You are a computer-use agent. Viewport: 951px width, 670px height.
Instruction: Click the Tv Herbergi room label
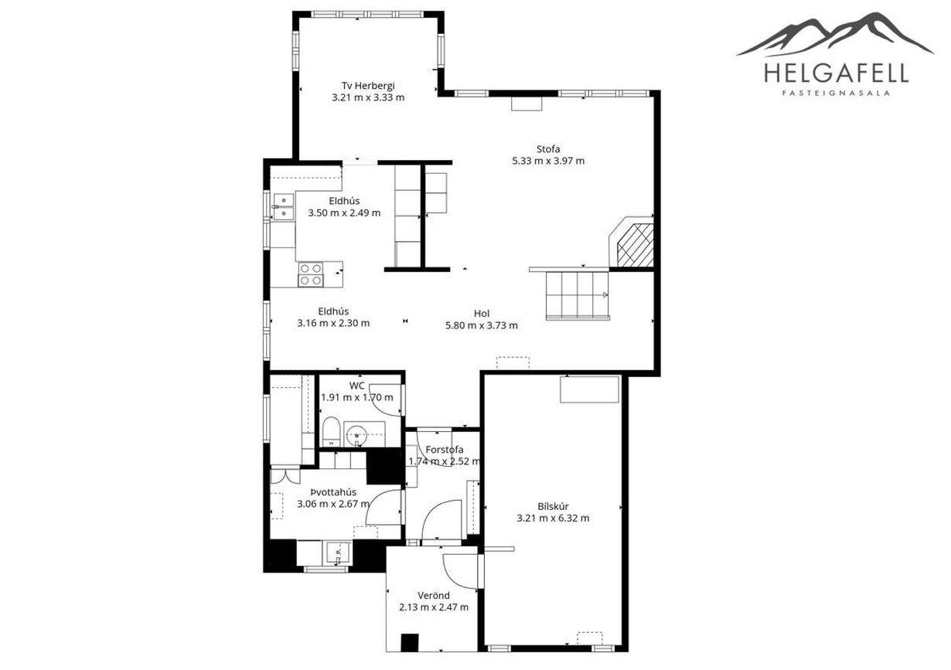click(368, 85)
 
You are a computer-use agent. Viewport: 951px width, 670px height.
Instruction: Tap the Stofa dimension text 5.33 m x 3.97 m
click(548, 161)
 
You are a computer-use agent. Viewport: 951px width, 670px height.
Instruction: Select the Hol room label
click(482, 314)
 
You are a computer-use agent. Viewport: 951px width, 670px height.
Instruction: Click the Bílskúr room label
click(553, 506)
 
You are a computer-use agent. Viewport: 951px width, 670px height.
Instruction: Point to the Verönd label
click(434, 595)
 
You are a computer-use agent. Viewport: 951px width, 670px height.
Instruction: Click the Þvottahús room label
click(333, 492)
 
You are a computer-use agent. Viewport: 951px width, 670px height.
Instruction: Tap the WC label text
click(356, 386)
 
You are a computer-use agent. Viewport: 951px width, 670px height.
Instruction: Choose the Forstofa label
click(444, 449)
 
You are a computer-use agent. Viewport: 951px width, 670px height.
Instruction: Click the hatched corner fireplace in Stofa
click(632, 243)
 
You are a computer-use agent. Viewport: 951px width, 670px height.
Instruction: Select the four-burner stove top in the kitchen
click(310, 274)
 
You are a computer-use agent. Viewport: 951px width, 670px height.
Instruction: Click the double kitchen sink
click(283, 206)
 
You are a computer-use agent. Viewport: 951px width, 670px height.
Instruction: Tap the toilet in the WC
click(330, 431)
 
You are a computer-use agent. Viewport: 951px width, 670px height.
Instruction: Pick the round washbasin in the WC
click(356, 435)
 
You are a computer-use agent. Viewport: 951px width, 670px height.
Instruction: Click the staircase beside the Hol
click(577, 295)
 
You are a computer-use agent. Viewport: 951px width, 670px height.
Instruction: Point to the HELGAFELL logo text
click(836, 73)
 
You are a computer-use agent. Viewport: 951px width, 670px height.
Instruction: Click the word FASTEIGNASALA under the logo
click(836, 94)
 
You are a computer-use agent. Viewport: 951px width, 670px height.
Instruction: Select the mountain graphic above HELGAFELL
click(835, 34)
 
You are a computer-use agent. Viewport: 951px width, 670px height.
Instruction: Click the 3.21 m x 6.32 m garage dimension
click(553, 518)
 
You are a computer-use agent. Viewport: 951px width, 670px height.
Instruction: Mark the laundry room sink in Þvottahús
click(338, 553)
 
